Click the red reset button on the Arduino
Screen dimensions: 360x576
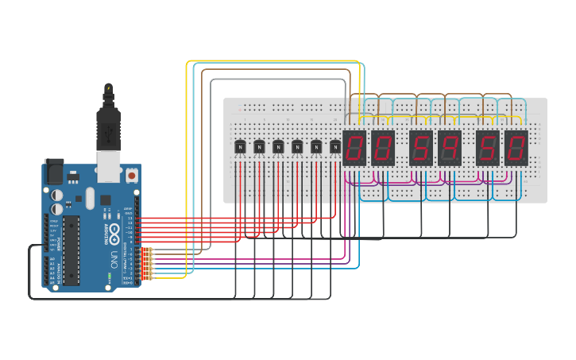tap(131, 173)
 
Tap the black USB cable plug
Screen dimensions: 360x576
tap(108, 127)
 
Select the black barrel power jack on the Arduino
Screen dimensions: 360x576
tap(53, 172)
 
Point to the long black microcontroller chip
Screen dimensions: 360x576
tap(72, 250)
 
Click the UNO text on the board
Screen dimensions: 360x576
tap(114, 259)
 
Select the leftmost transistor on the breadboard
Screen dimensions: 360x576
tap(240, 147)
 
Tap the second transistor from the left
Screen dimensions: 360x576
tap(259, 147)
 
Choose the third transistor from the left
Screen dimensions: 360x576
tap(278, 147)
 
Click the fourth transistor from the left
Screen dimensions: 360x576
tap(297, 147)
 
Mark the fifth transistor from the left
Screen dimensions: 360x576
tap(316, 147)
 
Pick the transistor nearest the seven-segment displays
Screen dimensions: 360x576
tap(335, 147)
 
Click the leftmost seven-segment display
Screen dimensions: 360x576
tap(354, 148)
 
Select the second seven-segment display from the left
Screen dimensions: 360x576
tap(383, 148)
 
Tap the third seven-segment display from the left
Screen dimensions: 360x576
tap(421, 148)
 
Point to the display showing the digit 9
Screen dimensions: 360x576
tap(450, 148)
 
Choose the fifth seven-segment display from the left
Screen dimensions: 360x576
tap(488, 148)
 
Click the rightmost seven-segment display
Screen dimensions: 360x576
tap(516, 148)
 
